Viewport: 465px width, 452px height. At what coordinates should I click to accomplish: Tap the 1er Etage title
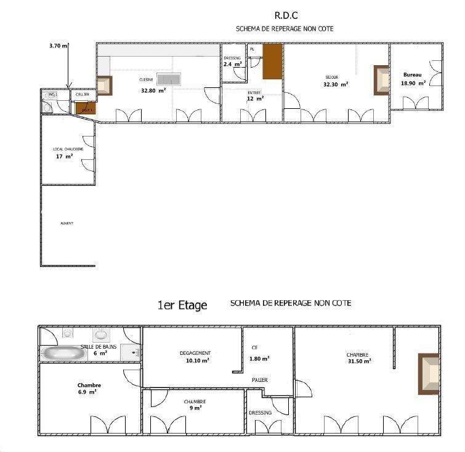pyautogui.click(x=182, y=304)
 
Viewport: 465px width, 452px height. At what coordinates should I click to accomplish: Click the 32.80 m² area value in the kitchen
pyautogui.click(x=153, y=90)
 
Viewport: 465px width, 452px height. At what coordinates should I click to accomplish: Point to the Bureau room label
pyautogui.click(x=413, y=75)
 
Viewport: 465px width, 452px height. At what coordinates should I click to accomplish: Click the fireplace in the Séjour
pyautogui.click(x=381, y=81)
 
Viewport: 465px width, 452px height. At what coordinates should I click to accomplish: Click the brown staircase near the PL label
pyautogui.click(x=272, y=62)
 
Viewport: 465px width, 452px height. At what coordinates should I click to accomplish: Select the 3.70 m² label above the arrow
pyautogui.click(x=59, y=46)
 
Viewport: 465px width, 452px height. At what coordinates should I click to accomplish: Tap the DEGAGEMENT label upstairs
pyautogui.click(x=195, y=353)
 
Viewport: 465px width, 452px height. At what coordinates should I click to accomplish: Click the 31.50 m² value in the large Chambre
pyautogui.click(x=358, y=362)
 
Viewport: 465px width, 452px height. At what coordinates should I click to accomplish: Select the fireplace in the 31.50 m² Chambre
pyautogui.click(x=429, y=374)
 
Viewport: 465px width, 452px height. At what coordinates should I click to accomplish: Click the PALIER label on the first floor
pyautogui.click(x=260, y=380)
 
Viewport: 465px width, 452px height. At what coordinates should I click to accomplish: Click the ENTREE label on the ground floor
pyautogui.click(x=254, y=92)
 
